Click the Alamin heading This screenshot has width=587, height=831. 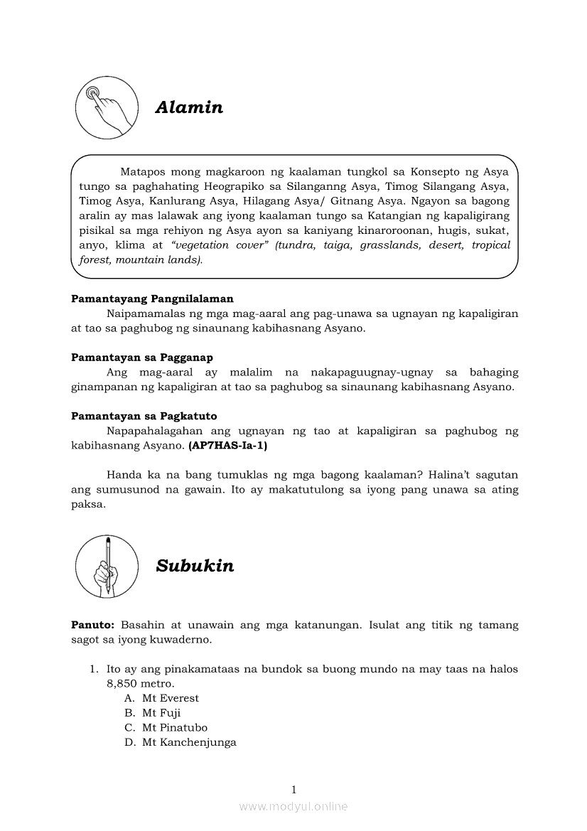coord(189,107)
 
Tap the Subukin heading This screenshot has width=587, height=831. coord(195,566)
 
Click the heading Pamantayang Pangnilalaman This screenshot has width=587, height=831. coord(152,299)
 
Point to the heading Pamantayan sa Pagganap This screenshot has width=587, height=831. coord(142,358)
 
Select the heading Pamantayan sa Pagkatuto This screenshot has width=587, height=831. coord(144,416)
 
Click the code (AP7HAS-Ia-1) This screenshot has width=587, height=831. coord(228,446)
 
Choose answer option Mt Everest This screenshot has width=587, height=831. coord(170,698)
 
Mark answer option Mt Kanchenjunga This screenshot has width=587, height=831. coord(188,743)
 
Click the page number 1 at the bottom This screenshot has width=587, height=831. coord(293,789)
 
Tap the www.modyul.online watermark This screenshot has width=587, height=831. coord(293,806)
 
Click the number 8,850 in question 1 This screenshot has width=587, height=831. coord(120,683)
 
